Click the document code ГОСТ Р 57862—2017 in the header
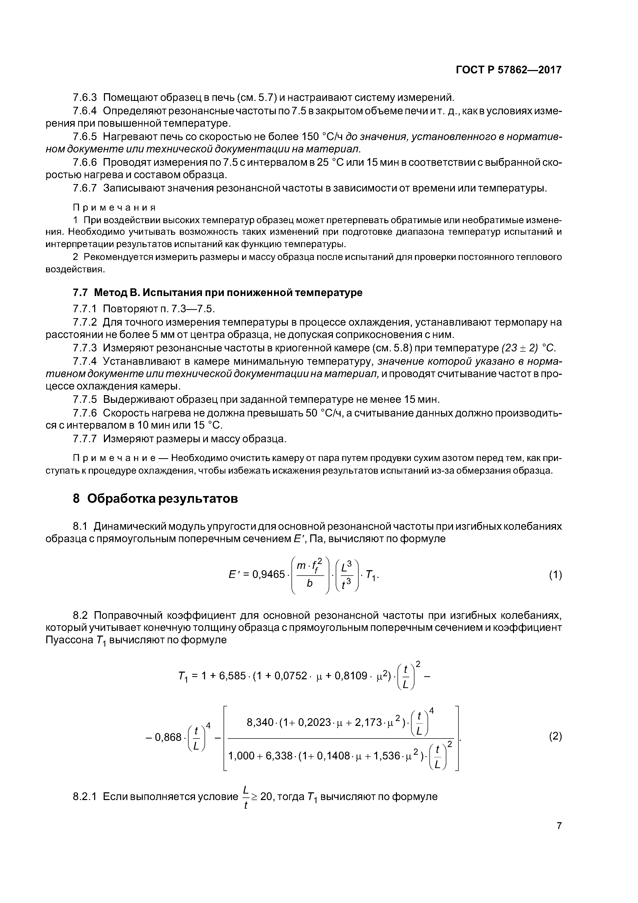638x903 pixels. tap(508, 70)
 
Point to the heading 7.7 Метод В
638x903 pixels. tap(217, 293)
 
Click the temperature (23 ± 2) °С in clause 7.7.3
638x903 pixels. tap(529, 348)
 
